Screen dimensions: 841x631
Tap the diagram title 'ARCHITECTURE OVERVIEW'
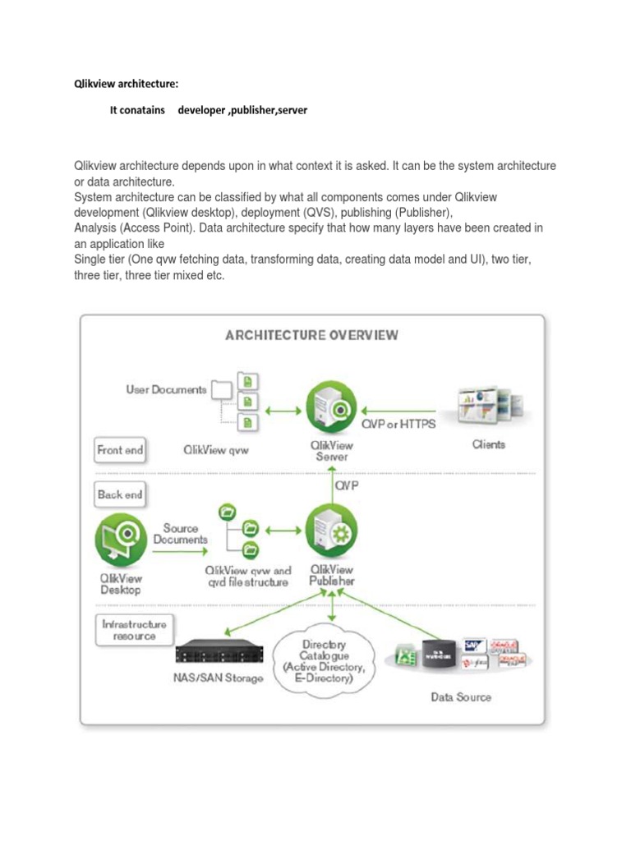coord(312,334)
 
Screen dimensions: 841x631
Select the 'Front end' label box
coord(120,449)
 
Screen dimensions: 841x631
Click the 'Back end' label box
coord(120,494)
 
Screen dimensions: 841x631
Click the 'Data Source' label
coord(461,696)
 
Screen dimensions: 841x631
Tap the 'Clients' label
coord(488,444)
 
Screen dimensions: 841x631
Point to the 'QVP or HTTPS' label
coord(398,425)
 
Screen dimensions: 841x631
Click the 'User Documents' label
coord(166,389)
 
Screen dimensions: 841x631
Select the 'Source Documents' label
coord(180,534)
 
